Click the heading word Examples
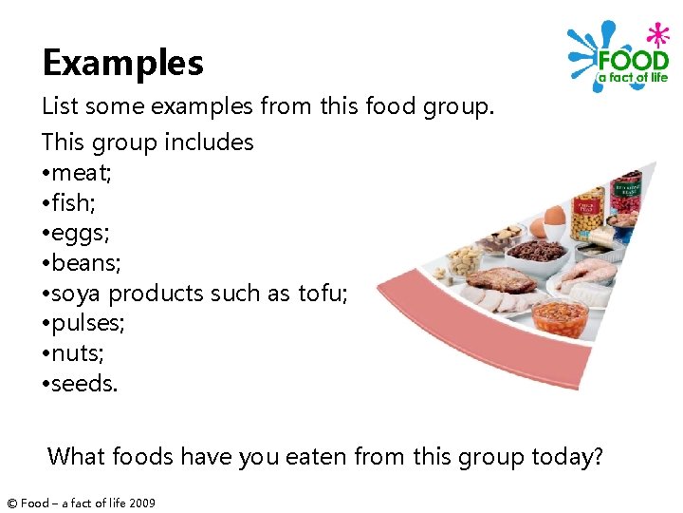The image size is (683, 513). click(x=122, y=63)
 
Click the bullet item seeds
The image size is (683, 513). click(x=85, y=384)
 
